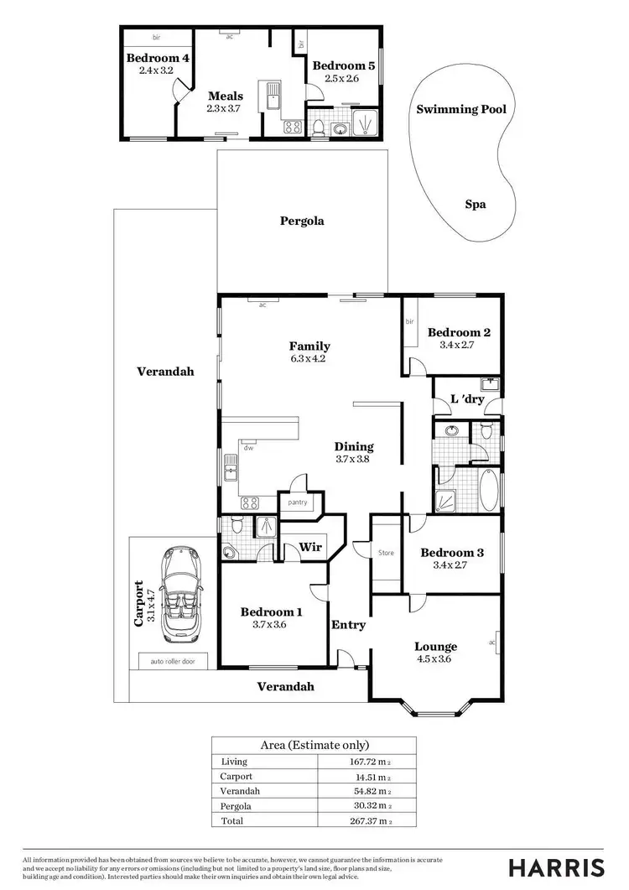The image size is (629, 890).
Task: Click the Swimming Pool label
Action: click(x=461, y=109)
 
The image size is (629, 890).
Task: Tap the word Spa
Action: click(x=476, y=204)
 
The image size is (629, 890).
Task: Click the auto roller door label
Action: click(x=173, y=661)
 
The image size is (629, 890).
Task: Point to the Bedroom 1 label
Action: click(x=271, y=612)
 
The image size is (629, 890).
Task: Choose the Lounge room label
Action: click(x=435, y=647)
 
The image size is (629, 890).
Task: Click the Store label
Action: click(x=386, y=553)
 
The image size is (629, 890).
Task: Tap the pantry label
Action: click(x=298, y=502)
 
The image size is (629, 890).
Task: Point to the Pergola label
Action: click(x=302, y=221)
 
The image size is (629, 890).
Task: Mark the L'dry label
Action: click(x=467, y=399)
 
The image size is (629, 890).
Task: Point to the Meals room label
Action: click(x=226, y=96)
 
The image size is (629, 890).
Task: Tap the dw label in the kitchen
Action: click(x=248, y=448)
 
